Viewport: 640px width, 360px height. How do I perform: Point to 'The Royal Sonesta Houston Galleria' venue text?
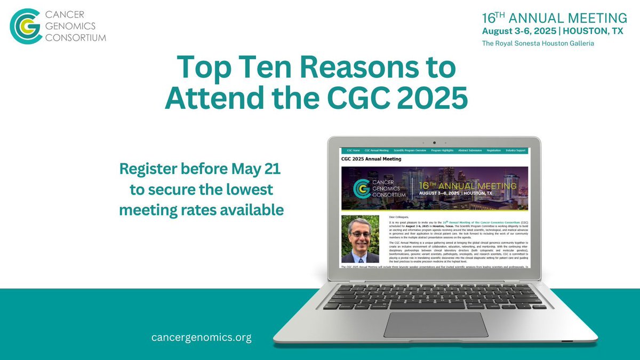click(x=538, y=43)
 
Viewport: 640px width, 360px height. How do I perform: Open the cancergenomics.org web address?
click(x=201, y=338)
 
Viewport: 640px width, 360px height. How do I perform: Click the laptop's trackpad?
click(x=436, y=324)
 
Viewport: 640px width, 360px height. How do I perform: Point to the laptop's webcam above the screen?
click(x=435, y=142)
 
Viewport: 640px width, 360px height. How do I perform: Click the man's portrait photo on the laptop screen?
click(x=360, y=239)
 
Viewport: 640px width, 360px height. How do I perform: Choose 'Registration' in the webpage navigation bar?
click(x=493, y=151)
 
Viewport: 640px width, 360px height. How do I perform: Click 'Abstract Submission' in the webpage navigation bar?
click(x=470, y=151)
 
